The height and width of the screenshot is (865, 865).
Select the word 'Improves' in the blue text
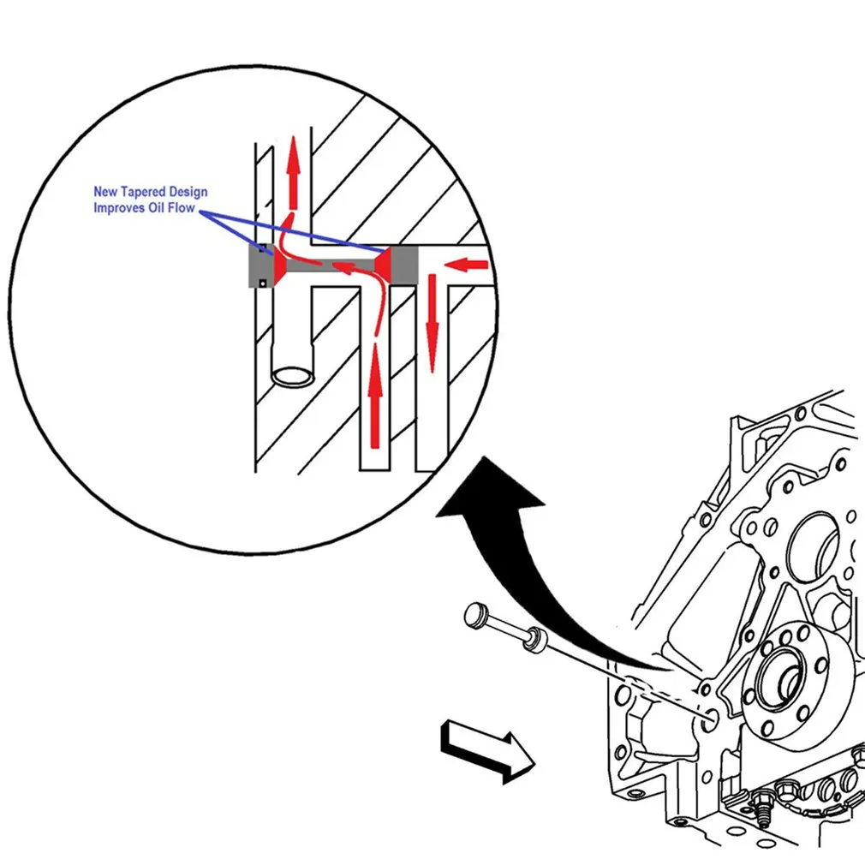point(119,208)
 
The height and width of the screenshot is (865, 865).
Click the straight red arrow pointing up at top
point(294,171)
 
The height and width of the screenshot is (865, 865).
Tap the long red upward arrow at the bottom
point(373,403)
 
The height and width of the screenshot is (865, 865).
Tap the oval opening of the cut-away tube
point(292,375)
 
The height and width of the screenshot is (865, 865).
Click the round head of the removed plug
point(475,615)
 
